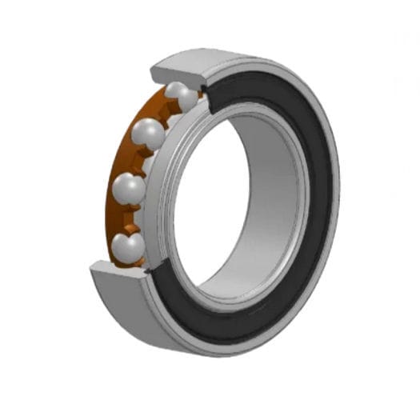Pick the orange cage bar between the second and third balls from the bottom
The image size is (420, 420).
click(x=138, y=160)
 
